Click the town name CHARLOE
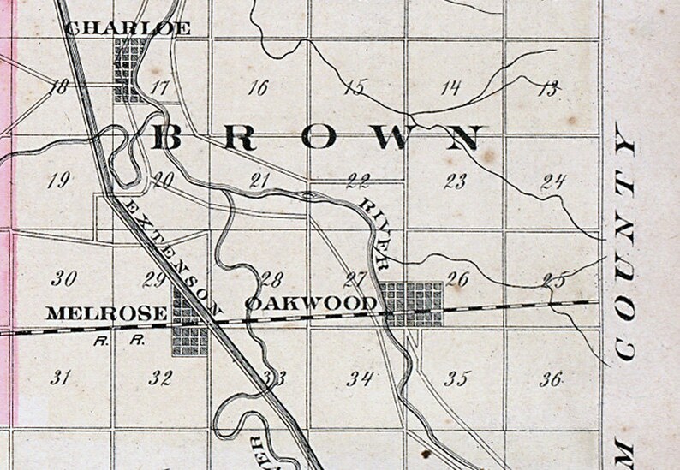pyautogui.click(x=128, y=28)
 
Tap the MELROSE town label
pyautogui.click(x=105, y=314)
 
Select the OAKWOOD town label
pyautogui.click(x=310, y=303)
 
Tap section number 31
pyautogui.click(x=59, y=378)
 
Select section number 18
pyautogui.click(x=59, y=86)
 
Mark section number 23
pyautogui.click(x=456, y=180)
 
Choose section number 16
pyautogui.click(x=257, y=86)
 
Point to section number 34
pyautogui.click(x=360, y=378)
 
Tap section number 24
pyautogui.click(x=554, y=180)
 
